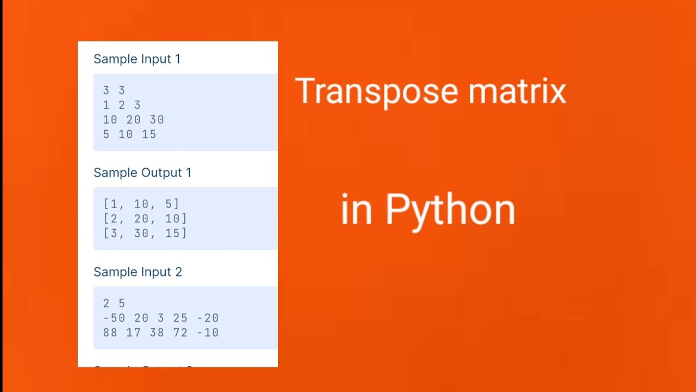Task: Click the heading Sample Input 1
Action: pos(136,59)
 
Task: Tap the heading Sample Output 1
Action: pos(142,173)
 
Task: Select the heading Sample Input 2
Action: pos(138,272)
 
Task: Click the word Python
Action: pos(450,210)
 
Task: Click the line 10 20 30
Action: pos(133,120)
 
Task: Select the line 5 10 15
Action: pos(129,134)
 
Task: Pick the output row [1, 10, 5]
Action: pos(141,204)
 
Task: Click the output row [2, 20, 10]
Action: pos(145,218)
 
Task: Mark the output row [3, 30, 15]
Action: pos(145,233)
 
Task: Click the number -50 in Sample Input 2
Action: pos(114,318)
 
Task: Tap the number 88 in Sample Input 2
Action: pos(110,332)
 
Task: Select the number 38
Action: pos(157,332)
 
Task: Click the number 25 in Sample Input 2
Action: pos(180,318)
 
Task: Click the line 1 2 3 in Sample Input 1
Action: pos(122,105)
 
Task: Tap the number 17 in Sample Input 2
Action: pos(133,332)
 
